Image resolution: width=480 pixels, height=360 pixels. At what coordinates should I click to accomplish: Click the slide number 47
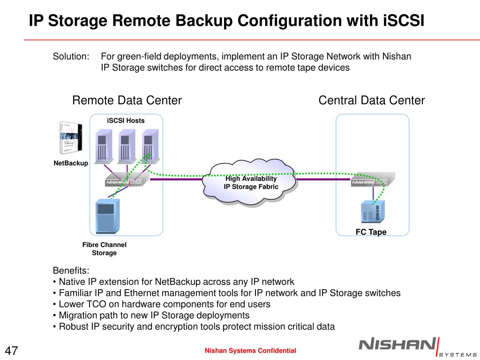tap(12, 351)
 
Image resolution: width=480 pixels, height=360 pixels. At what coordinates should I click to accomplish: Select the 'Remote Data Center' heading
tap(127, 100)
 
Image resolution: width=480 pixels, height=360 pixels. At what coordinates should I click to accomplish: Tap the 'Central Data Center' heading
tap(372, 100)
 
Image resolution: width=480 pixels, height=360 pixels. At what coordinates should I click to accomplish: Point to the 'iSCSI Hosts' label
tap(126, 120)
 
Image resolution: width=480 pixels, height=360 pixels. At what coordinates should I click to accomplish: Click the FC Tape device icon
tap(373, 212)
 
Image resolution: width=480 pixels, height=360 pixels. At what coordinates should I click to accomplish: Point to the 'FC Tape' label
tap(371, 232)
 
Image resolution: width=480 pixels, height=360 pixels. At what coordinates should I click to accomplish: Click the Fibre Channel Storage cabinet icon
tap(107, 216)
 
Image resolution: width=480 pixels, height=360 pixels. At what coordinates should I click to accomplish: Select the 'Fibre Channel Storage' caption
tap(104, 249)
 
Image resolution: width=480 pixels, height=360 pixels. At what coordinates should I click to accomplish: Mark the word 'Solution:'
tap(71, 57)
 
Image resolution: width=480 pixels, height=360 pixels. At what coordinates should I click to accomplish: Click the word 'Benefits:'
tap(71, 271)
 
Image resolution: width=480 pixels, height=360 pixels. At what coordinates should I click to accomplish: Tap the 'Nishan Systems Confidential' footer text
tap(250, 351)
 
